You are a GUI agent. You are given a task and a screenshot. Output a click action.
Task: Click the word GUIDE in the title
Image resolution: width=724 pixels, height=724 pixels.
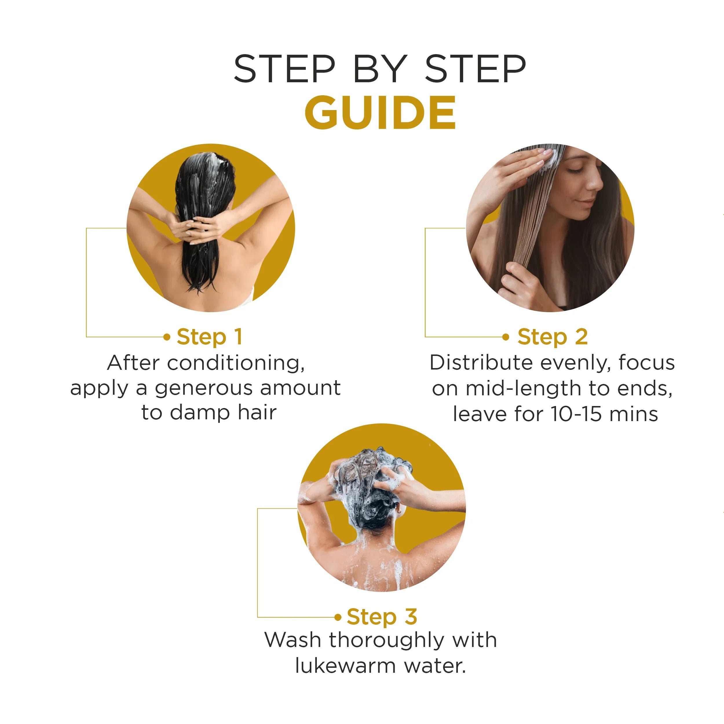coord(380,112)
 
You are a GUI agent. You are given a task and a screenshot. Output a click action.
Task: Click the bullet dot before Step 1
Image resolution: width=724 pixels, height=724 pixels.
coord(167,337)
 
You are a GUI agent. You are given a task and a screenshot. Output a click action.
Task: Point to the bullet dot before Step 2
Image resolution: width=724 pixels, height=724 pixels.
coord(506,337)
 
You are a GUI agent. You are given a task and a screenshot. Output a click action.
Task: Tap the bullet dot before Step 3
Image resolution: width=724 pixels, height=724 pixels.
coord(338,617)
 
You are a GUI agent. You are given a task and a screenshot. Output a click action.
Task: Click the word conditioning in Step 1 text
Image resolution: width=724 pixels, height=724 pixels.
coord(236,363)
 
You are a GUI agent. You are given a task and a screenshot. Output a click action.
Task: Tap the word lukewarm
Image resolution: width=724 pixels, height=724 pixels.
coord(345,666)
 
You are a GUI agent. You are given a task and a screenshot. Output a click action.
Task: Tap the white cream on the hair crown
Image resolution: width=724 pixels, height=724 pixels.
coord(215,159)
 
